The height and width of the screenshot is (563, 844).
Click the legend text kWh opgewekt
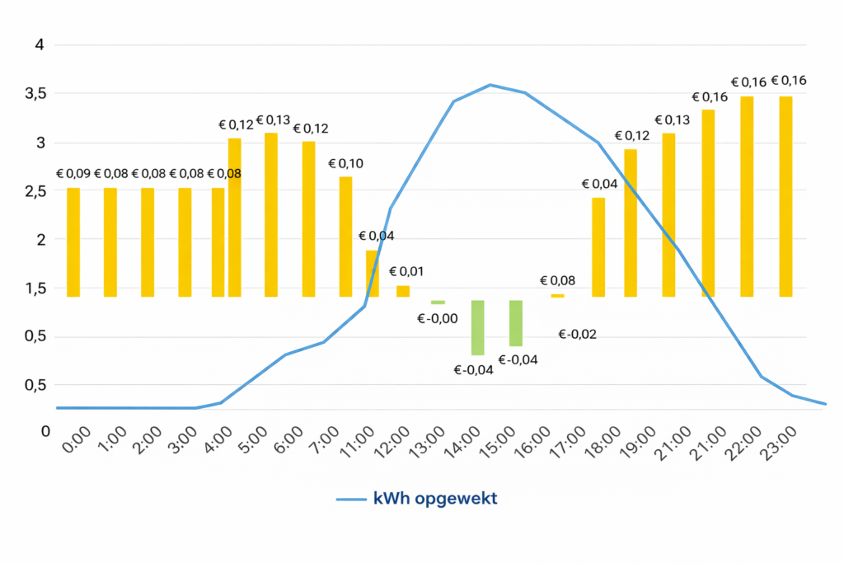click(x=435, y=500)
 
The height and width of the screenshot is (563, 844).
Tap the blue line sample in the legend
click(x=352, y=500)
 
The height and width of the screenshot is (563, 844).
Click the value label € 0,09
click(x=73, y=174)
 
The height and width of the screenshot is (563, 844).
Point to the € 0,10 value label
click(x=345, y=163)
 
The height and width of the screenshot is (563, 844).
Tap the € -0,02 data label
click(x=577, y=335)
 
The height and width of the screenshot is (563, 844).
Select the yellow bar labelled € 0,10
click(x=345, y=237)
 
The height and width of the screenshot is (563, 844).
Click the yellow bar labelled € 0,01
click(x=403, y=291)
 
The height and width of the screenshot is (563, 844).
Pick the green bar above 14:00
click(x=477, y=327)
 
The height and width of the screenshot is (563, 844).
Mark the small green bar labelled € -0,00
click(x=438, y=303)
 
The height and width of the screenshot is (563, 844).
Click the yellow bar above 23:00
click(x=785, y=196)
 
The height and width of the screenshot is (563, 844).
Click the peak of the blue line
click(x=490, y=85)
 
